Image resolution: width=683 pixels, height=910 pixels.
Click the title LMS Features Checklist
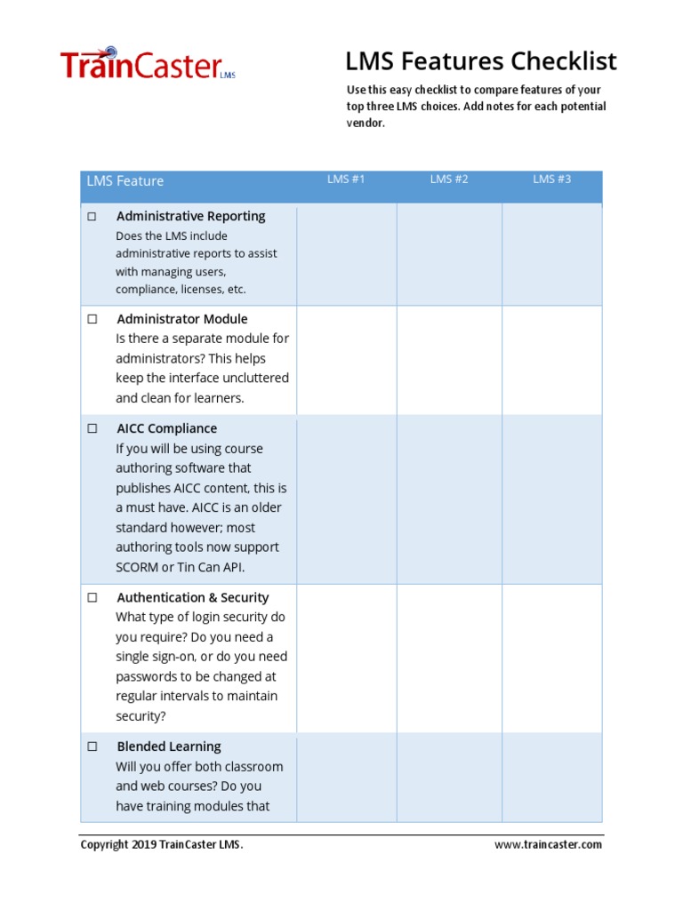click(480, 61)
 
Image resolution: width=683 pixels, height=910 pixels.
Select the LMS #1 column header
click(346, 180)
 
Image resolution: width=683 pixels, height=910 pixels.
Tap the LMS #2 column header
click(449, 180)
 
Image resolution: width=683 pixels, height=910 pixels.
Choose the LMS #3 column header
click(551, 180)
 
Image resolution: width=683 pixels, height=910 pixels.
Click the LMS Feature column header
click(125, 181)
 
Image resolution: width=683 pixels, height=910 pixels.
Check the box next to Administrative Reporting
click(92, 217)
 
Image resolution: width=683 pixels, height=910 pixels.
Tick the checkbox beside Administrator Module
click(92, 319)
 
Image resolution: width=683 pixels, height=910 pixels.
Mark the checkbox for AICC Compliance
click(92, 428)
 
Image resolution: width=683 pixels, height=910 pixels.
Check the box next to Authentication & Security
click(92, 598)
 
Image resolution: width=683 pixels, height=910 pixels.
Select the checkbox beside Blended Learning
click(92, 747)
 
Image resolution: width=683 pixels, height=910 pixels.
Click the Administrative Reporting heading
click(190, 216)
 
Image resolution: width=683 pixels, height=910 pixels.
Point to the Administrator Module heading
click(181, 319)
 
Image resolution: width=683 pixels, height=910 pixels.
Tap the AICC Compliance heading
click(166, 428)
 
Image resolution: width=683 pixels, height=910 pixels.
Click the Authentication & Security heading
click(192, 598)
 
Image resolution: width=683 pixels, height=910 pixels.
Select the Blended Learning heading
click(169, 746)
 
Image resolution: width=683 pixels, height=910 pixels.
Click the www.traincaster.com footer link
click(548, 845)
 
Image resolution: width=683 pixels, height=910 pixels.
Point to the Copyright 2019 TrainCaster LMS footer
click(162, 845)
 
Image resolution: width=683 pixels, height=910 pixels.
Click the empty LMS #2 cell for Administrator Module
click(449, 360)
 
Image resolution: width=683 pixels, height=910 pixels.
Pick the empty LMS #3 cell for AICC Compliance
click(551, 499)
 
